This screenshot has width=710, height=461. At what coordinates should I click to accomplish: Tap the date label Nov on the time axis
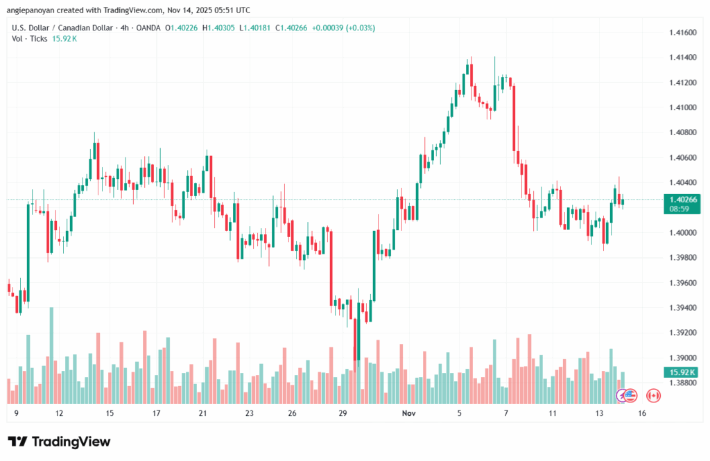coord(409,413)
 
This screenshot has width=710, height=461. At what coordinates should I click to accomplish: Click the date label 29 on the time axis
coord(343,413)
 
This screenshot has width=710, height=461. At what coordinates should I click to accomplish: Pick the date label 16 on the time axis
coord(643,413)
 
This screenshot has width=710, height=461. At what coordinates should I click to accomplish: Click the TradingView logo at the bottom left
coord(59,442)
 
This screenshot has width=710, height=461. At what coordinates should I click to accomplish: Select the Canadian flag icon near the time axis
coord(652,396)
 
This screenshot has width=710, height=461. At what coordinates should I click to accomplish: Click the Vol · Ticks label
coord(29,39)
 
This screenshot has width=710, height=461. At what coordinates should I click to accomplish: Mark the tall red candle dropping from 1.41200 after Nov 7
coord(514,118)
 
